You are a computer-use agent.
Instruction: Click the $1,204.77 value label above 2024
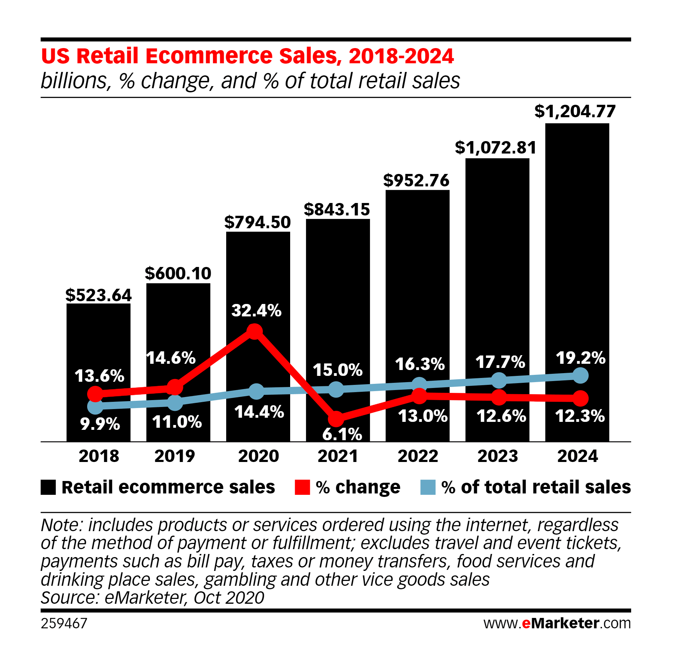[x=575, y=111]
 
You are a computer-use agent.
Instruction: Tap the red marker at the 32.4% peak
[x=255, y=331]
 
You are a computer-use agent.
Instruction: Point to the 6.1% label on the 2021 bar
[x=342, y=434]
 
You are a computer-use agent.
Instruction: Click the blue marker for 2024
[x=580, y=376]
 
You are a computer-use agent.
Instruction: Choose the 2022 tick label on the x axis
[x=418, y=456]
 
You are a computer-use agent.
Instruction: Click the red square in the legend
[x=302, y=487]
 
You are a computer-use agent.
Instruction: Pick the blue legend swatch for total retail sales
[x=428, y=487]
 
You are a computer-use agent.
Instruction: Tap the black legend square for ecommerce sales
[x=48, y=487]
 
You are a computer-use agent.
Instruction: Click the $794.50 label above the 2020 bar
[x=257, y=222]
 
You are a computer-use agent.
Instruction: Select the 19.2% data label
[x=580, y=358]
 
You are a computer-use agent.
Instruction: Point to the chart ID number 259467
[x=64, y=623]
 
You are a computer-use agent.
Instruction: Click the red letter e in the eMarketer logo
[x=526, y=623]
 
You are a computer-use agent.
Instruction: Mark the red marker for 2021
[x=336, y=418]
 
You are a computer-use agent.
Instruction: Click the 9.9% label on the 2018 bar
[x=100, y=424]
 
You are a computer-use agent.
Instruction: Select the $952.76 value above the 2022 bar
[x=416, y=181]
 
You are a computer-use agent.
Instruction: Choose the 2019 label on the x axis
[x=175, y=456]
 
